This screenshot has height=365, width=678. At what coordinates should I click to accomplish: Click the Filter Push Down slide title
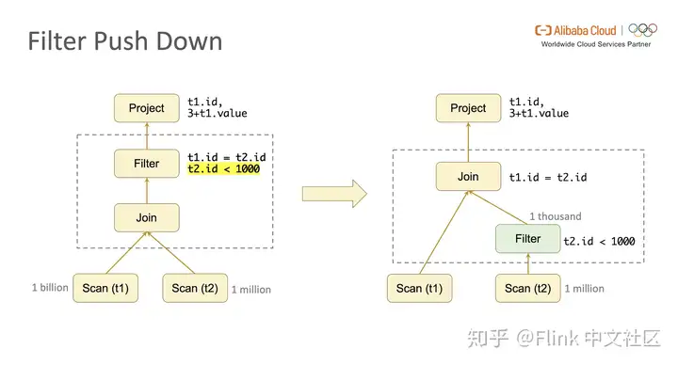coord(124,41)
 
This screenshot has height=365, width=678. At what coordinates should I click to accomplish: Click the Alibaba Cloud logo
coord(575,29)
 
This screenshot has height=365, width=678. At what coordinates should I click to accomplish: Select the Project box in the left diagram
coord(146,108)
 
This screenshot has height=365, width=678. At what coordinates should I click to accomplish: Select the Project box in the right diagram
coord(468,108)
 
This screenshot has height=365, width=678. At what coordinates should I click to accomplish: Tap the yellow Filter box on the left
coord(146,164)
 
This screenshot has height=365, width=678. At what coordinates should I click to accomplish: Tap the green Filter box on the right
coord(527,239)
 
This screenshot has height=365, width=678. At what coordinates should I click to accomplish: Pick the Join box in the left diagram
coord(146,218)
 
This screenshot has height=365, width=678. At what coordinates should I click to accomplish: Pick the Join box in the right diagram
coord(468,176)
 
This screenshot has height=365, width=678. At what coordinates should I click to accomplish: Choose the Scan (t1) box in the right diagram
coord(421,288)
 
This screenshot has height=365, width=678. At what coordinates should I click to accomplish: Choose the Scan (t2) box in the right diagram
coord(527,288)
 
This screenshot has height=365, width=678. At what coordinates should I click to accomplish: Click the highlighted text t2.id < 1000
coord(223,169)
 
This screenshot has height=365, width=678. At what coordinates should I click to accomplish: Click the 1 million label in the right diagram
coord(584,289)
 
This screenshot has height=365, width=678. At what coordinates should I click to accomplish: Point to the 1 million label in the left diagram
coord(250,289)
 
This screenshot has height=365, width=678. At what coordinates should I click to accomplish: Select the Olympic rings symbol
coord(642,29)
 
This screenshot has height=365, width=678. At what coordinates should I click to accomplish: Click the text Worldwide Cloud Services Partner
coord(599,43)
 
